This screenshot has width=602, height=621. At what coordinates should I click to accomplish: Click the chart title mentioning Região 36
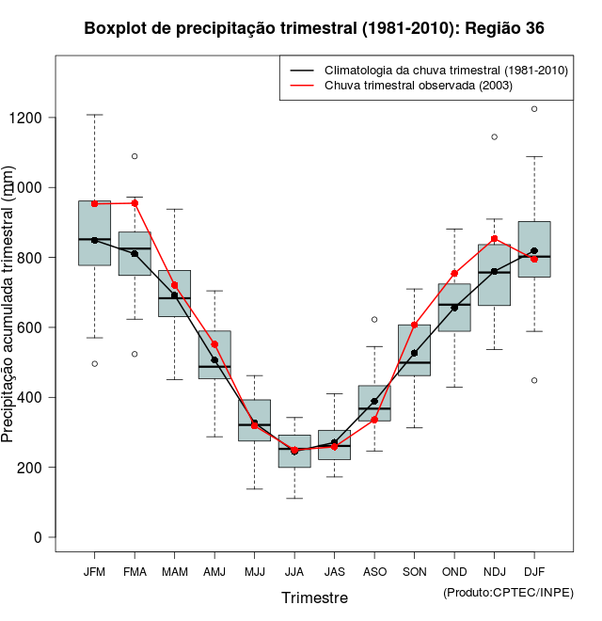pyautogui.click(x=314, y=28)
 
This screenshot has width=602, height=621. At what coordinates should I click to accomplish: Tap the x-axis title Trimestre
pyautogui.click(x=314, y=597)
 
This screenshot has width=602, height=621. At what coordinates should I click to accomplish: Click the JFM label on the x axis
pyautogui.click(x=94, y=571)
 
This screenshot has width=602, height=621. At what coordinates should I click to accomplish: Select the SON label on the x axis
pyautogui.click(x=415, y=571)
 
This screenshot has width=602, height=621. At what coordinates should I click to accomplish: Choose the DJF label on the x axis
pyautogui.click(x=534, y=571)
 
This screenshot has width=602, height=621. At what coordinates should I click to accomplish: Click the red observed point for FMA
pyautogui.click(x=135, y=203)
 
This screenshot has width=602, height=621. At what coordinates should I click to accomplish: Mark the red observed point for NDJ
pyautogui.click(x=495, y=239)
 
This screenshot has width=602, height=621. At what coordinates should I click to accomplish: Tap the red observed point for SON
pyautogui.click(x=415, y=325)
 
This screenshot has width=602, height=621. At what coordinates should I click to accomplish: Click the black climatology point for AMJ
pyautogui.click(x=214, y=360)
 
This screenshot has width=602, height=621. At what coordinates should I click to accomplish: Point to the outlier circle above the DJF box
pyautogui.click(x=534, y=109)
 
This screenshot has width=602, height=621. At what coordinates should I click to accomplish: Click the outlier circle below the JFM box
pyautogui.click(x=94, y=363)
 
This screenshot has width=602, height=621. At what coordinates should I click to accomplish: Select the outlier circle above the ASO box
pyautogui.click(x=374, y=320)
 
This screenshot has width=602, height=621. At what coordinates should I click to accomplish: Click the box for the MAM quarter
pyautogui.click(x=174, y=293)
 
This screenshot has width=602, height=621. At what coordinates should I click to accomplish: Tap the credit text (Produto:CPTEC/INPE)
pyautogui.click(x=508, y=592)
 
